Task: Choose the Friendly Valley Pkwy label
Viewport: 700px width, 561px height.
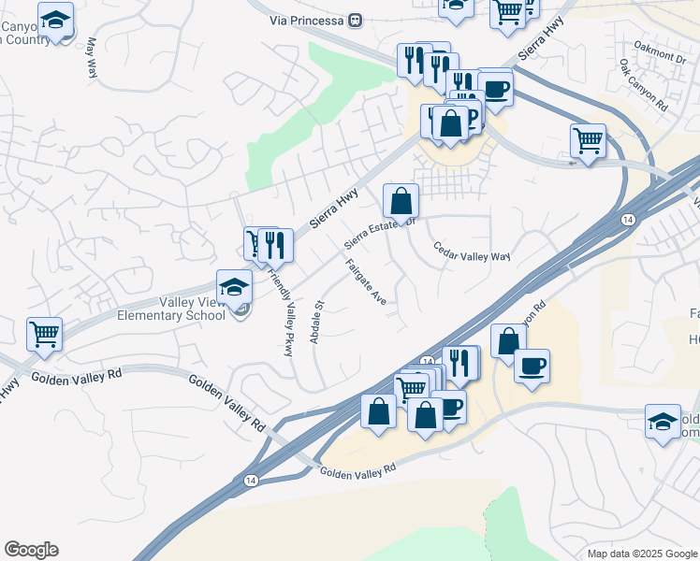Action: click(281, 313)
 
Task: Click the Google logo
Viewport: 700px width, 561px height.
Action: click(31, 550)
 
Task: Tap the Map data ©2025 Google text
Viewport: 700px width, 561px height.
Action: click(641, 554)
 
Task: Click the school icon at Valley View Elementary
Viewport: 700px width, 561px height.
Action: click(235, 286)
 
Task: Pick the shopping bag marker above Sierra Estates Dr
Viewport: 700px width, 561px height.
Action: click(401, 200)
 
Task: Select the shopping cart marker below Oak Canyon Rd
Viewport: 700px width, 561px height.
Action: click(588, 141)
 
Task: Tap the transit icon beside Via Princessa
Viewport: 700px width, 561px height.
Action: click(355, 19)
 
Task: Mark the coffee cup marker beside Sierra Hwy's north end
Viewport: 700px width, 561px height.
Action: click(495, 89)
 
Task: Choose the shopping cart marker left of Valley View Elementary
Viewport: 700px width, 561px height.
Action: click(44, 334)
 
